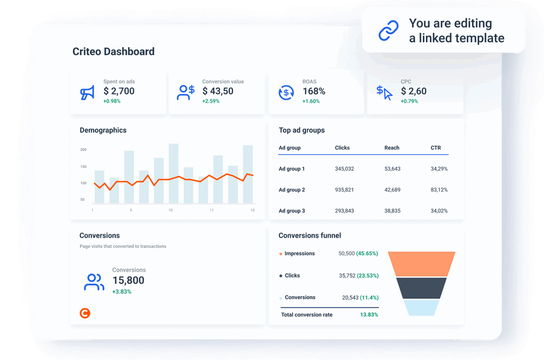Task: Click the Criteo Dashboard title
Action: [x=114, y=52]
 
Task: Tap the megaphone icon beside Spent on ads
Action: [x=87, y=93]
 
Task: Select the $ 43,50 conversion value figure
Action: [x=218, y=91]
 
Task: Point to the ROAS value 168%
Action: [x=314, y=91]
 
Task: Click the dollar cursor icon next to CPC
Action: [x=384, y=92]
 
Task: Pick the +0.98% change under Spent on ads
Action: [x=112, y=101]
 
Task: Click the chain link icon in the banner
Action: [x=389, y=31]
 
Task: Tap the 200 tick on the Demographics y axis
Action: [x=83, y=149]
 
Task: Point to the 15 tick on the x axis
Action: [x=252, y=210]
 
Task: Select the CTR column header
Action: [x=435, y=148]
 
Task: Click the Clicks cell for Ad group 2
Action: [x=344, y=190]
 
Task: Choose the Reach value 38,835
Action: [x=392, y=211]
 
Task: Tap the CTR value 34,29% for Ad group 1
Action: [x=439, y=168]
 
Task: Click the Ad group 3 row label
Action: [x=292, y=211]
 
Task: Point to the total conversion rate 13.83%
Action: [x=369, y=314]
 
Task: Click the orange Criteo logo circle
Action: [x=84, y=313]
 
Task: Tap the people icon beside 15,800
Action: [x=94, y=282]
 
